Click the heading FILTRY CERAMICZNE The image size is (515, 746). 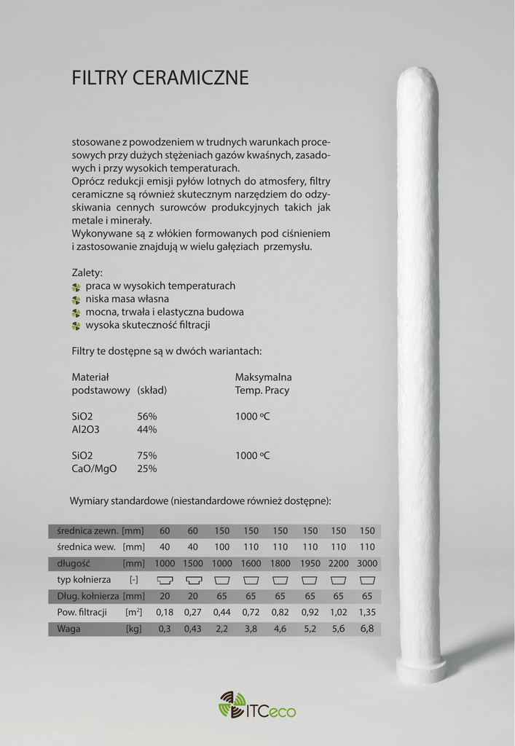click(160, 78)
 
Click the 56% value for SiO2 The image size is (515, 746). click(147, 416)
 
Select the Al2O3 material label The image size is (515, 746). click(85, 429)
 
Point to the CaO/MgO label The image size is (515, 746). click(94, 468)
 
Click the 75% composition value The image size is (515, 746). click(147, 455)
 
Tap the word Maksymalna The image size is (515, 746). click(263, 377)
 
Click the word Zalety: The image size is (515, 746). click(87, 272)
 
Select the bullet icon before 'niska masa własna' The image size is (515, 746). click(76, 299)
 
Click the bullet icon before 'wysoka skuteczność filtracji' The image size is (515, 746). click(76, 326)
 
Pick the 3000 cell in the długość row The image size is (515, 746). click(367, 563)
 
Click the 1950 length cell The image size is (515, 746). click(310, 563)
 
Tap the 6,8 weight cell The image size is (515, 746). click(367, 629)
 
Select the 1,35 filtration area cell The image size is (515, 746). click(367, 613)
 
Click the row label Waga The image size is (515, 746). click(68, 629)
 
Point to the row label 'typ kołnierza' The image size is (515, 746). click(84, 580)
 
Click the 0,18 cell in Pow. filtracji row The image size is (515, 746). click(165, 613)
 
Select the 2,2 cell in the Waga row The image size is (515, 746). click(221, 629)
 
